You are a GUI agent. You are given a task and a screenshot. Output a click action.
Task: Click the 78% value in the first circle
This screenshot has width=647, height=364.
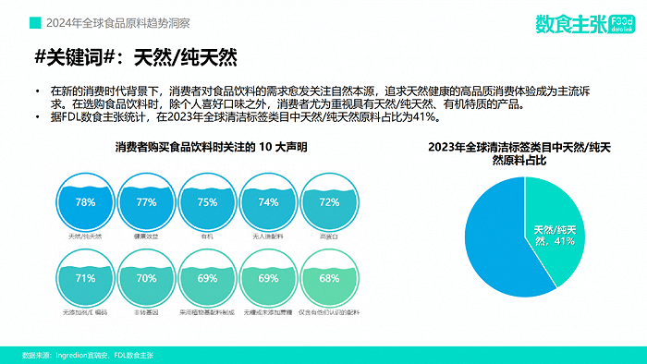85,202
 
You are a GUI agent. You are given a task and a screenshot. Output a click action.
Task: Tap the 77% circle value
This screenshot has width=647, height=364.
146,202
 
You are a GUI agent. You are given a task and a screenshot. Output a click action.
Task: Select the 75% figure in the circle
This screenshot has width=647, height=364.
207,202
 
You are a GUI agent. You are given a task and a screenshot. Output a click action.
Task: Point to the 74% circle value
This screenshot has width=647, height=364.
268,202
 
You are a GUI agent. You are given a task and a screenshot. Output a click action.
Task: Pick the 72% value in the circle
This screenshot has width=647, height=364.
329,202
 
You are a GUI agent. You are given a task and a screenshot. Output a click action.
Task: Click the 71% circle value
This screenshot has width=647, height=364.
85,278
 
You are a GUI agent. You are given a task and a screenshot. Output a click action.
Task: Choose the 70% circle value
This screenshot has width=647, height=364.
146,278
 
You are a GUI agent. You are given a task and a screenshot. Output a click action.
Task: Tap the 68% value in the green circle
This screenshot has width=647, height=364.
329,278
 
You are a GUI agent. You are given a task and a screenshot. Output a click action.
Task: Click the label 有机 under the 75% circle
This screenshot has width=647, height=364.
207,237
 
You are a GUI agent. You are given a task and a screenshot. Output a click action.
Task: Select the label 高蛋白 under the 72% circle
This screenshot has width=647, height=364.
329,237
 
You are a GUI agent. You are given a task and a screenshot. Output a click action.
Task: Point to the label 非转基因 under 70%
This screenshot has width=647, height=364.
146,313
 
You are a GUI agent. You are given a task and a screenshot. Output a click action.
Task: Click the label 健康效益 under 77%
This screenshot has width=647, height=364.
146,237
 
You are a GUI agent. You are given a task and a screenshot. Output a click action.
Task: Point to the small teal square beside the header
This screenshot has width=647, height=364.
34,20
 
